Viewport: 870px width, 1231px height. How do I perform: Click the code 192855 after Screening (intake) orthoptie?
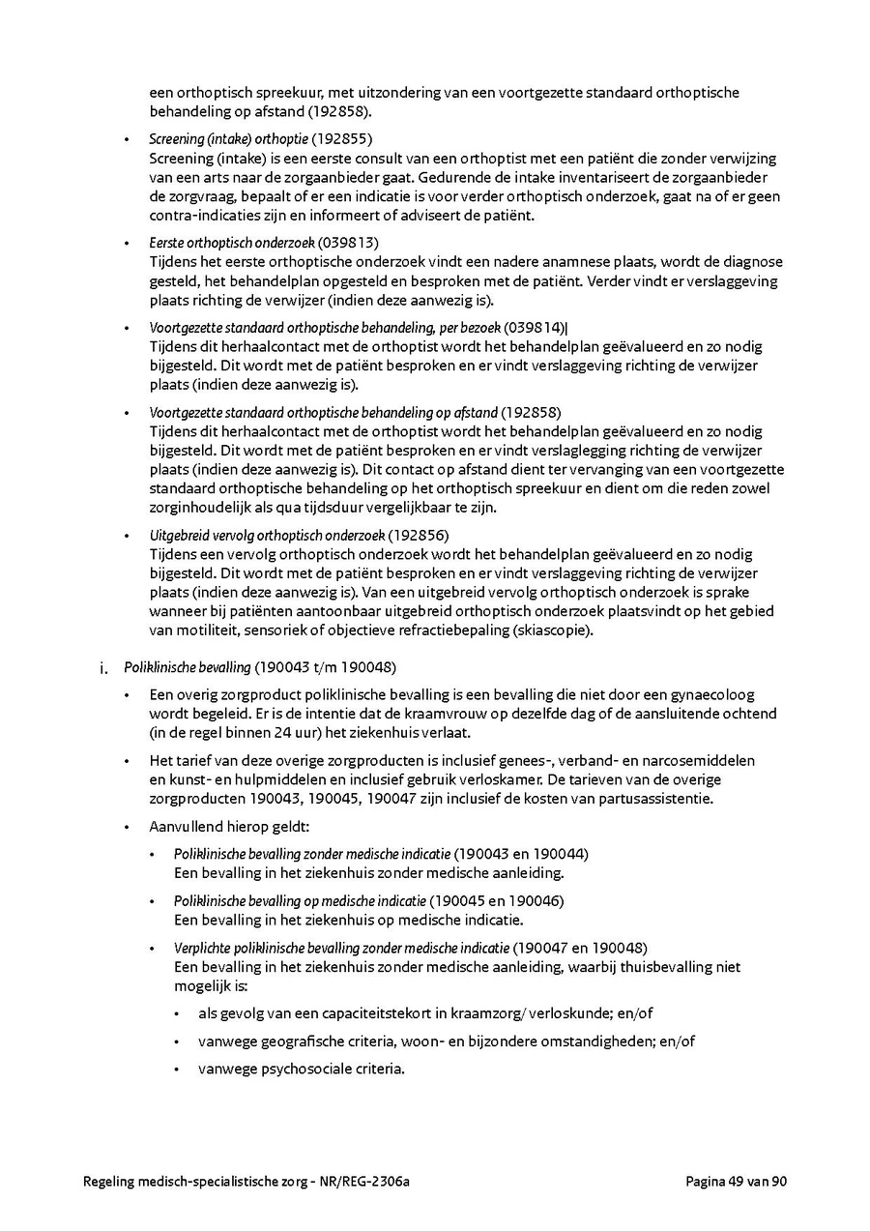340,139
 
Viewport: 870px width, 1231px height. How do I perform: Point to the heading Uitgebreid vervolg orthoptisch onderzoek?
267,535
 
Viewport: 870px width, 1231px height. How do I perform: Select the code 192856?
420,535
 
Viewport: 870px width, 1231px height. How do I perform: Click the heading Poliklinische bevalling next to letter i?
188,667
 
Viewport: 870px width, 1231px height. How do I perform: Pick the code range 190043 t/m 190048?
326,667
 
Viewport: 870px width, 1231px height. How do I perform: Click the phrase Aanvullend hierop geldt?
228,828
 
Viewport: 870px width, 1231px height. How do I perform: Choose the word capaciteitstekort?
358,1013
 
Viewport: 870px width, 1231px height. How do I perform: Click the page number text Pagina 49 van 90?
737,1181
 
